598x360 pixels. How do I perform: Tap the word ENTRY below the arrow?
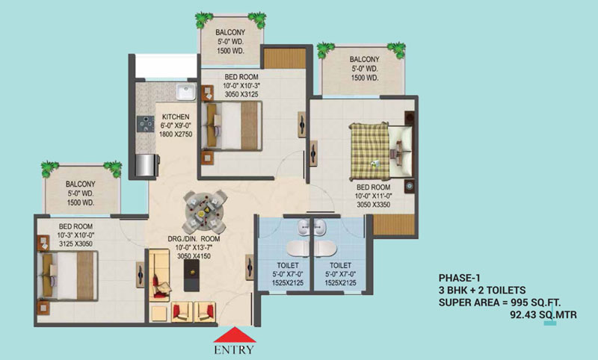pyautogui.click(x=234, y=350)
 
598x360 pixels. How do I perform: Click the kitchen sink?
pyautogui.click(x=185, y=93)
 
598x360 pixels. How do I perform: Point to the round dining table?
pyautogui.click(x=202, y=209)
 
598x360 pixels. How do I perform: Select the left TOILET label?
pyautogui.click(x=286, y=264)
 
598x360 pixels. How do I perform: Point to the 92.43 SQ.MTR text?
pyautogui.click(x=543, y=314)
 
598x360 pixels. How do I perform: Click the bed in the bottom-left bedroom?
pyautogui.click(x=69, y=270)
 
